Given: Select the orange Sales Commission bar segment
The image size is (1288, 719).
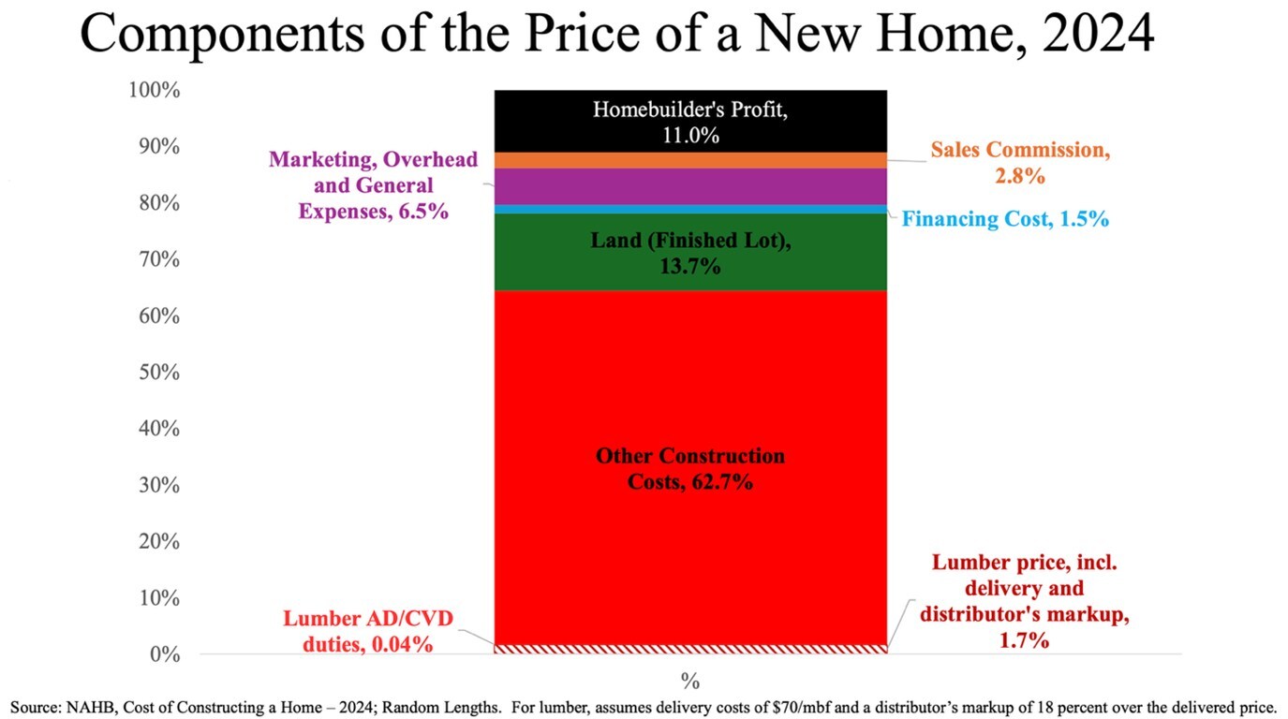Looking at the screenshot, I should pos(690,160).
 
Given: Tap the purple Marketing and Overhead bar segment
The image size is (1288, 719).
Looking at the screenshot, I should pos(690,185).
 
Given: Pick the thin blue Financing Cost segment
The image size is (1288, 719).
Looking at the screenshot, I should pos(690,209).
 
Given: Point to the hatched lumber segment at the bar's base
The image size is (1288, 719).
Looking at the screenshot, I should pos(690,648).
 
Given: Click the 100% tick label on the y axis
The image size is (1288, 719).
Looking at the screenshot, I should pos(155,91).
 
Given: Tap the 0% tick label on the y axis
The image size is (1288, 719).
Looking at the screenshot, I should pos(163,654).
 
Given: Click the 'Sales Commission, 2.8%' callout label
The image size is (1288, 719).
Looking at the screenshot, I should pos(1020,162).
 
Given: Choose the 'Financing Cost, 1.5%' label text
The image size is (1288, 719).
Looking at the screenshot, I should pos(1005,219).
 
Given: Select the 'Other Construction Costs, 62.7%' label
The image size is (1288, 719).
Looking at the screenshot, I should pos(690,470).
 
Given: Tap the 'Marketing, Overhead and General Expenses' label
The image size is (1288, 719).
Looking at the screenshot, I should pos(373,185).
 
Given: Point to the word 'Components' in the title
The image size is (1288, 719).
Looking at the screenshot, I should pos(222,35).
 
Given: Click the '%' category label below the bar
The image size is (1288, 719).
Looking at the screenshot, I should pos(690,681).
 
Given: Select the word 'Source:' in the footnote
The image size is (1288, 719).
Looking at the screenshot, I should pos(35,707).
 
